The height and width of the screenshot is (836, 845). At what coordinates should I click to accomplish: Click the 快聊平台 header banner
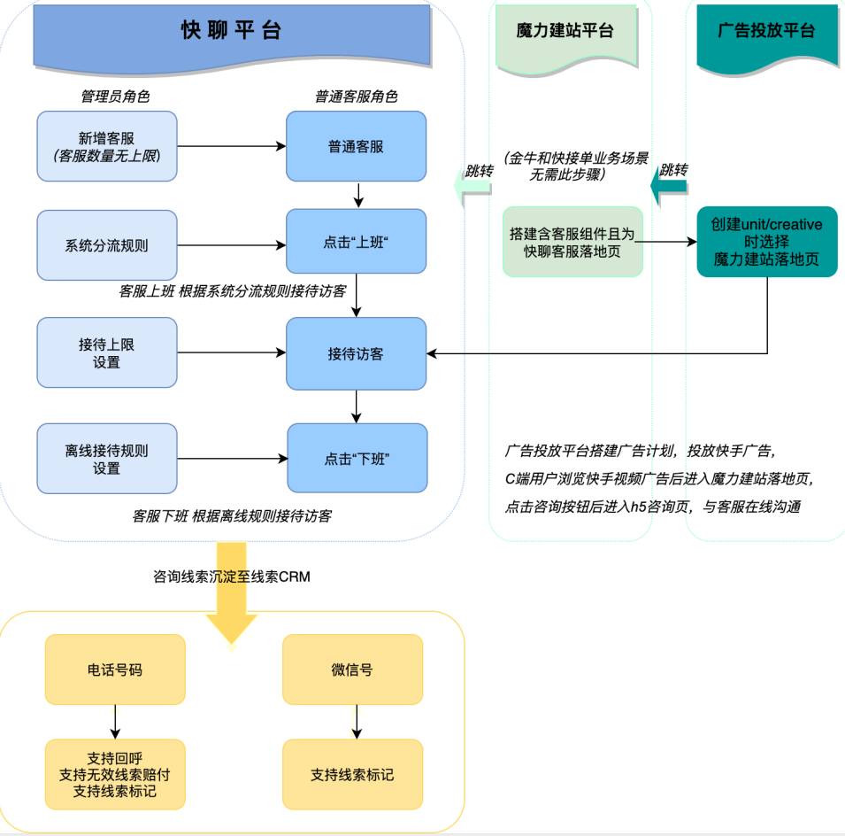[232, 32]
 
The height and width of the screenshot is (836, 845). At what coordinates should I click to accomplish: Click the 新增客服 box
[107, 146]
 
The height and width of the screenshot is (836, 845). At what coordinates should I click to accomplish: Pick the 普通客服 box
[356, 146]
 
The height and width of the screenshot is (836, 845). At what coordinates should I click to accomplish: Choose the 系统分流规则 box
[107, 245]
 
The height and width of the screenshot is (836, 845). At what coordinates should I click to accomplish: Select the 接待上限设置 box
[107, 353]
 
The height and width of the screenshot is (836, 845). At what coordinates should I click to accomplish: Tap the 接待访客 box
[356, 353]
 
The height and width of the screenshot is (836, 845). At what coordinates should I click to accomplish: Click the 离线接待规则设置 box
[107, 459]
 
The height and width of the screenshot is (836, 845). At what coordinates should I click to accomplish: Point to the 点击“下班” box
[356, 459]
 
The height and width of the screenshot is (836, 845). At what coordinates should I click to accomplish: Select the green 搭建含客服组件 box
[572, 242]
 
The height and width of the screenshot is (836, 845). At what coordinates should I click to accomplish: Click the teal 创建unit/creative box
[766, 242]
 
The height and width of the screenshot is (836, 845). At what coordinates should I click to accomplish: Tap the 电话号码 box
[115, 670]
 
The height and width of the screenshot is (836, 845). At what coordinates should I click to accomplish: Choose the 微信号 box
[352, 670]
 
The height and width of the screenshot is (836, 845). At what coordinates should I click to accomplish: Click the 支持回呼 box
[115, 774]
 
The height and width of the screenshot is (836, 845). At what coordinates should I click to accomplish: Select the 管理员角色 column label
[110, 97]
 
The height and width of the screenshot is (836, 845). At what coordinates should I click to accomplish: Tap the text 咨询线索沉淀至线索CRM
[232, 577]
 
